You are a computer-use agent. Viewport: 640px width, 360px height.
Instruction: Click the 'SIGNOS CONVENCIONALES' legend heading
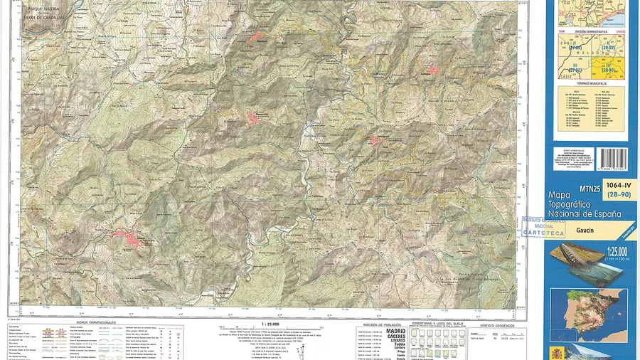point(95,322)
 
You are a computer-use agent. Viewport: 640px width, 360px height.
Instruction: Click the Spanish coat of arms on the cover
point(555,351)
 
